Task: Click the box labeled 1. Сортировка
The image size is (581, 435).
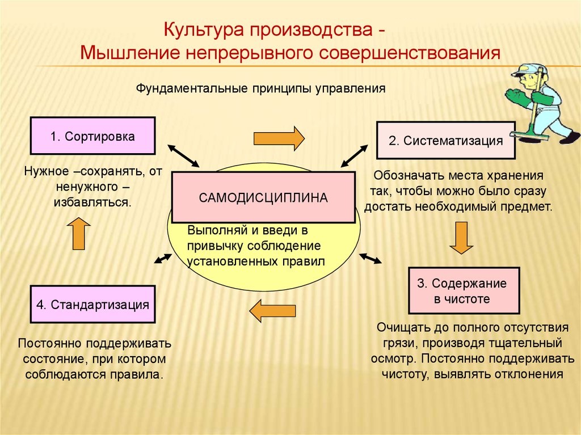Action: click(x=92, y=136)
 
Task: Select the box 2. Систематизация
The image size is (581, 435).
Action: click(x=446, y=141)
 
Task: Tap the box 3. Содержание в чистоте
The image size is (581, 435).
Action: click(x=464, y=290)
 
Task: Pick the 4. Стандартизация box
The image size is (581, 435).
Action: click(x=92, y=305)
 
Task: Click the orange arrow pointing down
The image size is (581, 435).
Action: click(x=461, y=237)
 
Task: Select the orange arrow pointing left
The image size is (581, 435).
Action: click(x=272, y=310)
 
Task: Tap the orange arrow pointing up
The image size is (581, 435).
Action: click(x=78, y=233)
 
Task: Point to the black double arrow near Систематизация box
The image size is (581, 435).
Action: click(x=353, y=155)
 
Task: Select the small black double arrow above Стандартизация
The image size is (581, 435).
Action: click(x=163, y=258)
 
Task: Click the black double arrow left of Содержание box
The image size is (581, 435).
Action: click(x=371, y=259)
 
